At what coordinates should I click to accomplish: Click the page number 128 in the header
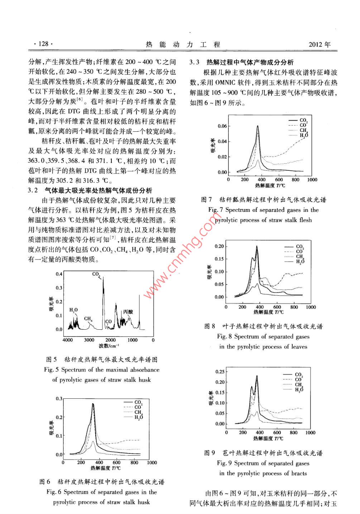[x=43, y=44]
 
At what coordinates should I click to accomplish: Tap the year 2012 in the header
[x=315, y=45]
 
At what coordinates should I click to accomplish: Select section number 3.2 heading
[x=33, y=190]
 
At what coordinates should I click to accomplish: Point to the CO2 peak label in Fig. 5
[x=96, y=274]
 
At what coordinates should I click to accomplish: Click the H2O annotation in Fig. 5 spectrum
[x=73, y=310]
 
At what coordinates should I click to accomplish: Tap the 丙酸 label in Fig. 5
[x=128, y=312]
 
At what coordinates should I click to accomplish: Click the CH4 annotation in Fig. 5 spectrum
[x=88, y=319]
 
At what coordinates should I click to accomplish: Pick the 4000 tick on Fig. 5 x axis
[x=67, y=340]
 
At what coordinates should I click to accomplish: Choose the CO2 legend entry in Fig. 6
[x=138, y=403]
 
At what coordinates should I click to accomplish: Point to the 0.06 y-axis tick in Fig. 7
[x=222, y=126]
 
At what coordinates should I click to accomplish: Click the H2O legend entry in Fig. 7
[x=304, y=136]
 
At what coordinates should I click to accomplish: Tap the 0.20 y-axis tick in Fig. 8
[x=219, y=246]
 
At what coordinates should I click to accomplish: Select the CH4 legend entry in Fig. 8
[x=300, y=257]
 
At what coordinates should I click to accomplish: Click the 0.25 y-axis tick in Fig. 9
[x=220, y=372]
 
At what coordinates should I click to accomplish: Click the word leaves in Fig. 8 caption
[x=299, y=346]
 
